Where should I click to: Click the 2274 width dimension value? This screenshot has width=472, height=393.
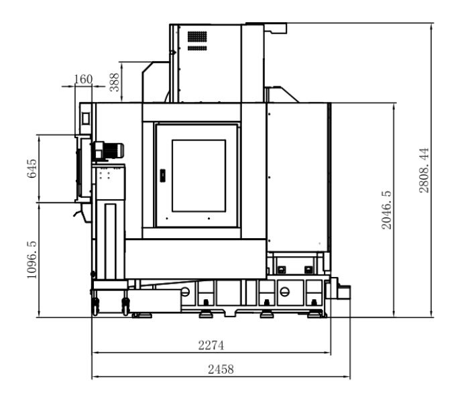coord(211,345)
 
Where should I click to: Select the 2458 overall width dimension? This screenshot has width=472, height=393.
coord(221,370)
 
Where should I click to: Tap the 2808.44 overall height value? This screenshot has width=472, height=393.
coord(424,170)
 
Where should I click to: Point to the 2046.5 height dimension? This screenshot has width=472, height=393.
coord(386,210)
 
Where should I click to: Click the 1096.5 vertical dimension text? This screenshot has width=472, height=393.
coord(32,260)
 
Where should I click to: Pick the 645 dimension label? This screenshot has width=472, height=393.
coord(32,168)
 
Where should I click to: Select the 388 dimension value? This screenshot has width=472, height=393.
coord(114,82)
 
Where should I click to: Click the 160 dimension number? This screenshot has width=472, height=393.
coord(83,79)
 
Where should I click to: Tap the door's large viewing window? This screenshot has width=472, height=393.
coord(198,176)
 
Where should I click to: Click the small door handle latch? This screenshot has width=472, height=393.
coord(162,176)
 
